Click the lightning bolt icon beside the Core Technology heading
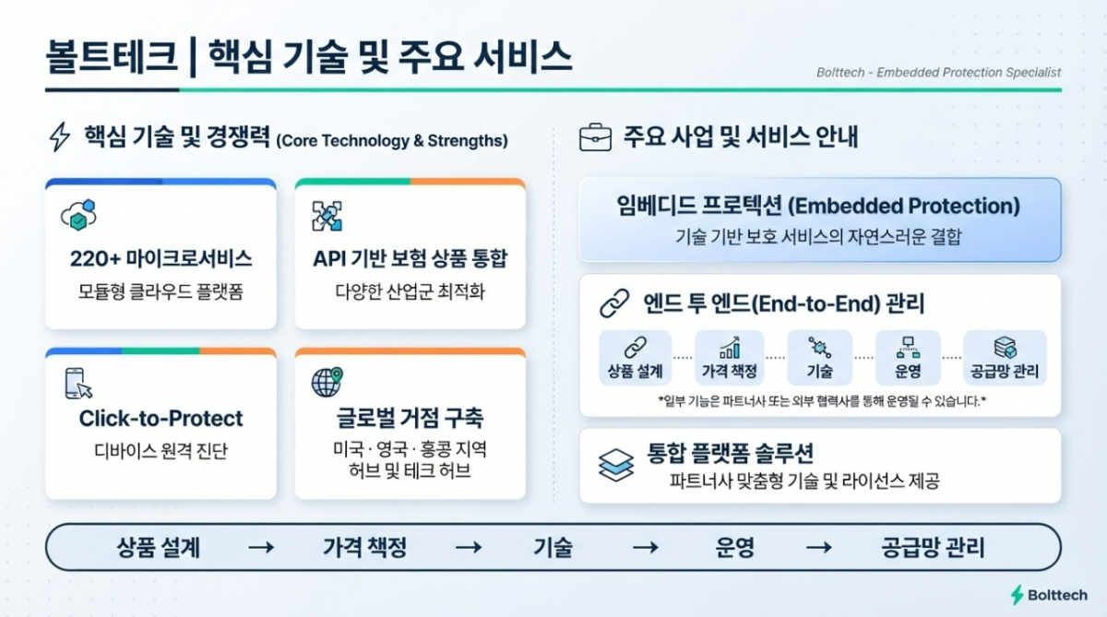60,136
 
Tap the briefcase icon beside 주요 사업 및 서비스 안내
595,137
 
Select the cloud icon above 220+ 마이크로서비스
78,216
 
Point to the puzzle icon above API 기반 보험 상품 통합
327,216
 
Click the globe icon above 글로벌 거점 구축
327,382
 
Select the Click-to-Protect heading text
161,419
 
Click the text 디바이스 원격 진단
161,450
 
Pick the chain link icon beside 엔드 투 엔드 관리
614,303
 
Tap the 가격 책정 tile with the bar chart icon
730,358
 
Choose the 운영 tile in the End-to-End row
908,358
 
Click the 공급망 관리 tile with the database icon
1005,358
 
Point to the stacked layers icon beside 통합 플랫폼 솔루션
616,465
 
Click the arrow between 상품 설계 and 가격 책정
261,547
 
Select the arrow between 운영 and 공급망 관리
819,547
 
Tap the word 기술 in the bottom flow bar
553,547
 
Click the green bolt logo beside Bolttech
1017,595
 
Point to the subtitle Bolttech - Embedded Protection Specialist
938,73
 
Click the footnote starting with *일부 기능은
821,400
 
